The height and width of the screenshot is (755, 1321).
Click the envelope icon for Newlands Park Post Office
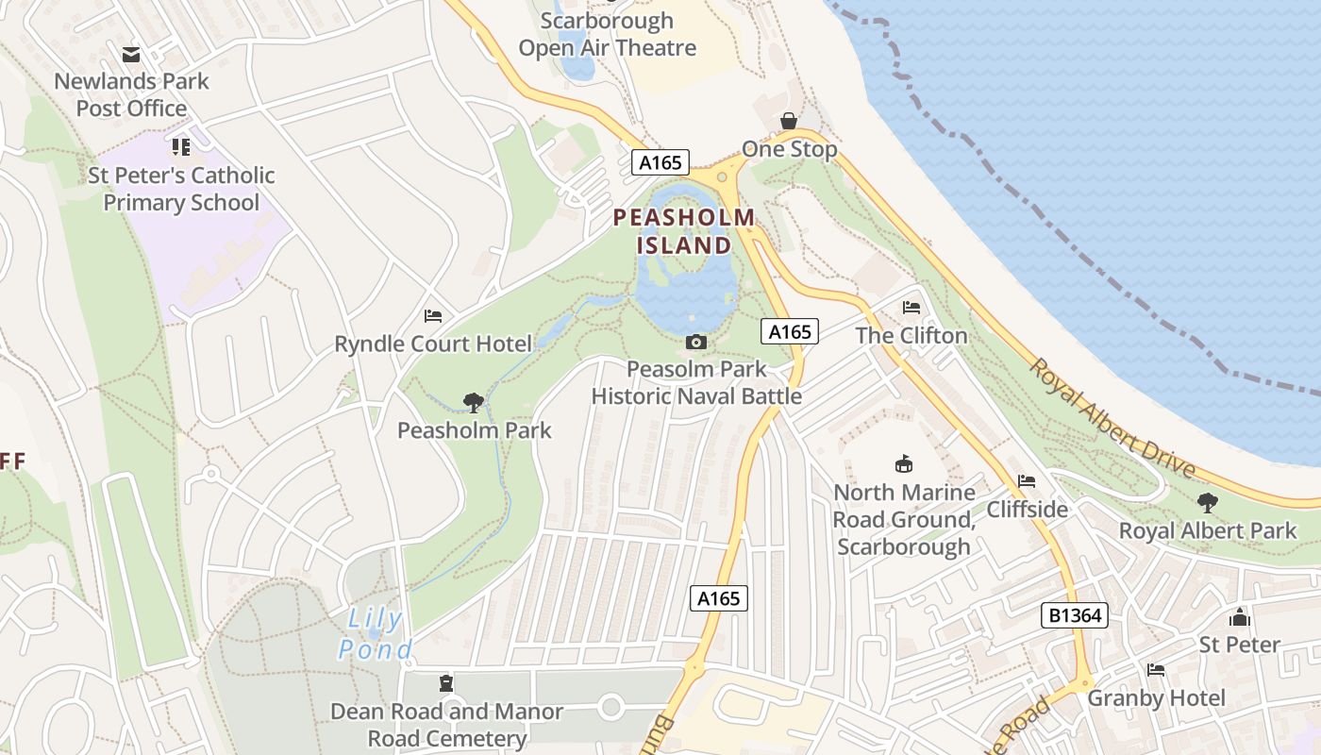tap(131, 55)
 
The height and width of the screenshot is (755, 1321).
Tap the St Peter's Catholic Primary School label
tap(181, 189)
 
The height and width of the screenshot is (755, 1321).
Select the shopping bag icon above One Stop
tap(789, 121)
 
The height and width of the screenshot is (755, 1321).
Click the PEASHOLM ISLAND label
tap(684, 231)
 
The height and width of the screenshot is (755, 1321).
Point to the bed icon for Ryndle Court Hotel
tap(433, 315)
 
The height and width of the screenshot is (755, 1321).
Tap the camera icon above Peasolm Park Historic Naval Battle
tap(696, 342)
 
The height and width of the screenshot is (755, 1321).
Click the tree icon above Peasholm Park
tap(474, 403)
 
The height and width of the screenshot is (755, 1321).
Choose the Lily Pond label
tap(376, 634)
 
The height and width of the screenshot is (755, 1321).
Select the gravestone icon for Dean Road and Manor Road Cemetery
tap(446, 682)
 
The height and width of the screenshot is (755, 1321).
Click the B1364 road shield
tap(1074, 615)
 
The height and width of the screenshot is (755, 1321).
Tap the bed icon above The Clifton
tap(911, 308)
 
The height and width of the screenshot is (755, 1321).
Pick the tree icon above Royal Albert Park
tap(1208, 503)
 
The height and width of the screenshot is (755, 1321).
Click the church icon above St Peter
tap(1239, 617)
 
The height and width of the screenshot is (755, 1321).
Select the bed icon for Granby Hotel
tap(1156, 670)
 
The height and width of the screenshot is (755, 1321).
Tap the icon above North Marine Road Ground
tap(904, 463)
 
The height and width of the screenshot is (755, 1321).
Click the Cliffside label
tap(1027, 510)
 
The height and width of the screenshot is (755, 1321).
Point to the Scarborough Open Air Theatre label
tap(608, 34)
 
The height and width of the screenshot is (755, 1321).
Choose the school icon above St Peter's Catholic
tap(181, 147)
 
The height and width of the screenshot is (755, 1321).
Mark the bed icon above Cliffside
tap(1027, 481)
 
